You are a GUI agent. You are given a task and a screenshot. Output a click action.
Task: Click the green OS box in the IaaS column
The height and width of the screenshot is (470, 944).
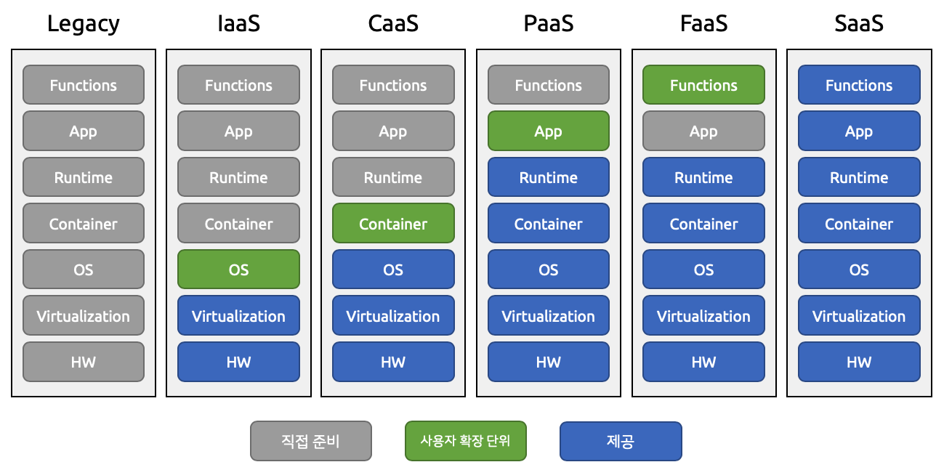pyautogui.click(x=238, y=270)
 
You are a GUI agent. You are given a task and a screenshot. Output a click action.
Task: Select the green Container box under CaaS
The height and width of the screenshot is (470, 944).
pyautogui.click(x=393, y=224)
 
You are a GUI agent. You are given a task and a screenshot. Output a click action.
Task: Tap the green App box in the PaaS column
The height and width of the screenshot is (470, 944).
pyautogui.click(x=549, y=131)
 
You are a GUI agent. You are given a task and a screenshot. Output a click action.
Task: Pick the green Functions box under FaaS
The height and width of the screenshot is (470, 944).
pyautogui.click(x=703, y=85)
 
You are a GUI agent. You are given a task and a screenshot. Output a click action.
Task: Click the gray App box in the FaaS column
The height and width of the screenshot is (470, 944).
pyautogui.click(x=703, y=131)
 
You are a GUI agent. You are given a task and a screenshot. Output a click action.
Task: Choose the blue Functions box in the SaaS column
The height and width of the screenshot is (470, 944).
pyautogui.click(x=859, y=85)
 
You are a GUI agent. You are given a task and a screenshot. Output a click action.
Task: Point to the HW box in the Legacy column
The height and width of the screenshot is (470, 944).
pyautogui.click(x=84, y=362)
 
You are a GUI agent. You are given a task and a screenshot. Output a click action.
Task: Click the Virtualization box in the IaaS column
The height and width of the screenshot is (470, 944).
pyautogui.click(x=238, y=316)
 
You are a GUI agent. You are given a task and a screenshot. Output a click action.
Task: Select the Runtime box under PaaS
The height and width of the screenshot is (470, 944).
pyautogui.click(x=549, y=177)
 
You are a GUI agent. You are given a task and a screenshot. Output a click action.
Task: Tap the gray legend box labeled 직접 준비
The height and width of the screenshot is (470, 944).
pyautogui.click(x=310, y=441)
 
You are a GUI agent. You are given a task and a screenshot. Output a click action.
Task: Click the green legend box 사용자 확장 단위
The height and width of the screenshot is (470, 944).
pyautogui.click(x=465, y=441)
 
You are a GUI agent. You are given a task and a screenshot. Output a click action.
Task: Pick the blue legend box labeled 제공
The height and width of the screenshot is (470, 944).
pyautogui.click(x=621, y=441)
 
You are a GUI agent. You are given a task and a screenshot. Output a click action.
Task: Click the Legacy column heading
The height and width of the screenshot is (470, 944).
pyautogui.click(x=84, y=24)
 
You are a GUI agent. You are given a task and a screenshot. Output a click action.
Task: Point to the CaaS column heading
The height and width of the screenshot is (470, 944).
pyautogui.click(x=393, y=24)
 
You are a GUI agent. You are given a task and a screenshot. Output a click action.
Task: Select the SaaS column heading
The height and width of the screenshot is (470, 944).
pyautogui.click(x=859, y=24)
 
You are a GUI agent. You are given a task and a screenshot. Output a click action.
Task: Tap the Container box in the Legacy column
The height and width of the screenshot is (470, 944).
pyautogui.click(x=84, y=224)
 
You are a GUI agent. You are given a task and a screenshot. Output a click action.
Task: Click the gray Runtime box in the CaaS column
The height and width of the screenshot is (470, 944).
pyautogui.click(x=393, y=177)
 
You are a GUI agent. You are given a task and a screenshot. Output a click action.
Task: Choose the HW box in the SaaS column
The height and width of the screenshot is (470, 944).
pyautogui.click(x=859, y=362)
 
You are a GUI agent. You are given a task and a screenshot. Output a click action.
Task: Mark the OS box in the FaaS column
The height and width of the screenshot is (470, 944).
pyautogui.click(x=703, y=270)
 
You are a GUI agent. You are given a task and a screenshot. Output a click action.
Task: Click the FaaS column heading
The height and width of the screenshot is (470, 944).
pyautogui.click(x=703, y=24)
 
